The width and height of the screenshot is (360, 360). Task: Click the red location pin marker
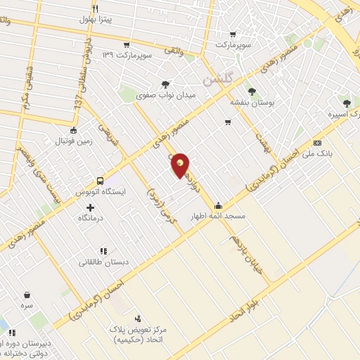pos(181,166)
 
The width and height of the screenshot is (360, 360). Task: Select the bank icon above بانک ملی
pos(319,142)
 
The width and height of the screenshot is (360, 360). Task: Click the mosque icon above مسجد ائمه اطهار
pos(219,206)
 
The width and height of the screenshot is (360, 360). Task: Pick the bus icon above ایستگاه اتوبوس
pos(101,180)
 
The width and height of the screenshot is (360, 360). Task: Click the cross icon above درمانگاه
pos(90,207)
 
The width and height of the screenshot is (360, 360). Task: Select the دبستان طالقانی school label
pos(103,262)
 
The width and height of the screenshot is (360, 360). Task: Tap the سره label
pos(27,306)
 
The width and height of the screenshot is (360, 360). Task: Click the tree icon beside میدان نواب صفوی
pos(166,84)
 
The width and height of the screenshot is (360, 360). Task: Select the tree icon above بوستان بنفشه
pos(251,91)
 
